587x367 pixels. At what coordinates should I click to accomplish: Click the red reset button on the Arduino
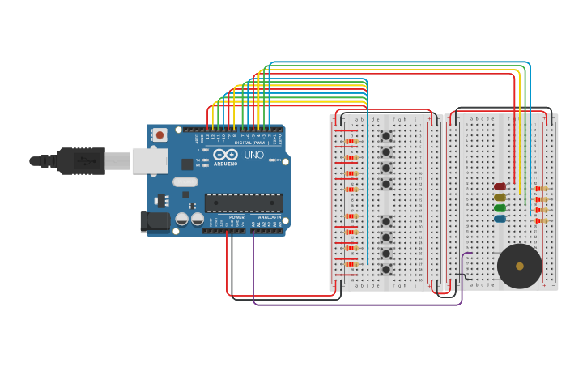pyautogui.click(x=160, y=135)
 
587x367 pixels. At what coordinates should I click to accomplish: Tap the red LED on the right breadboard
pyautogui.click(x=500, y=186)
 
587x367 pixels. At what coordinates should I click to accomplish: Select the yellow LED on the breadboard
pyautogui.click(x=500, y=197)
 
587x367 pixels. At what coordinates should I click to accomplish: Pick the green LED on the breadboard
pyautogui.click(x=500, y=208)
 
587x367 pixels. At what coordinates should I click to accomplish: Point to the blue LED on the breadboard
pyautogui.click(x=500, y=219)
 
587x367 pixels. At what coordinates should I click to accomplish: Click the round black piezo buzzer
pyautogui.click(x=519, y=266)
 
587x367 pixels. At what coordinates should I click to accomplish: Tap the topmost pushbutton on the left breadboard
pyautogui.click(x=386, y=136)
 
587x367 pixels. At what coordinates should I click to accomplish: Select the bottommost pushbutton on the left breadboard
pyautogui.click(x=386, y=270)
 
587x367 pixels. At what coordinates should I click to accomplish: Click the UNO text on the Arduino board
pyautogui.click(x=253, y=155)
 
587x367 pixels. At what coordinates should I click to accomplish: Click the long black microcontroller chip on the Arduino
pyautogui.click(x=244, y=203)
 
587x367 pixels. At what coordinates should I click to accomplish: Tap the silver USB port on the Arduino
pyautogui.click(x=150, y=160)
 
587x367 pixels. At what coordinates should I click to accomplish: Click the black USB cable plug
pyautogui.click(x=81, y=161)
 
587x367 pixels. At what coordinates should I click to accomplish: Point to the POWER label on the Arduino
pyautogui.click(x=236, y=217)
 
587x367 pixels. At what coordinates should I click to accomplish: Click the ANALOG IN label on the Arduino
pyautogui.click(x=269, y=217)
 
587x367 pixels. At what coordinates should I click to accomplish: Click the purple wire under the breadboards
pyautogui.click(x=356, y=305)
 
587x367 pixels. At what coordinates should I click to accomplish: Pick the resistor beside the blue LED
pyautogui.click(x=541, y=220)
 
